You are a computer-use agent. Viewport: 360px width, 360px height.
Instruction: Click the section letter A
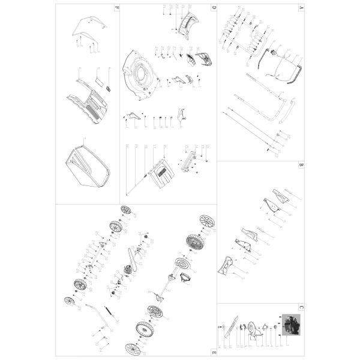point(300,7)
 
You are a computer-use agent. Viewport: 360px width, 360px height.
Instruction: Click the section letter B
point(300,164)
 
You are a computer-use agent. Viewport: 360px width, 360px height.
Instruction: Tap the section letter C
point(300,307)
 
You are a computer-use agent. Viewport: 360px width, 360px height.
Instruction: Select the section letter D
point(213,7)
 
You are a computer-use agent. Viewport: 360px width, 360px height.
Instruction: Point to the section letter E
point(213,351)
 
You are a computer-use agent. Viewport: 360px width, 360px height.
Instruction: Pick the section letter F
point(117,7)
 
